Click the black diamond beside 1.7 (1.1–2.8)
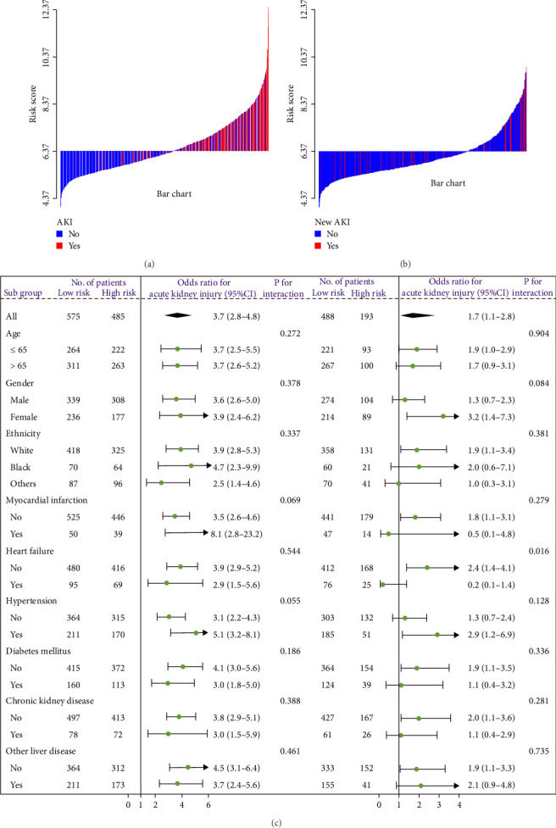coord(421,314)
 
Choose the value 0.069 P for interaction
coord(291,501)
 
